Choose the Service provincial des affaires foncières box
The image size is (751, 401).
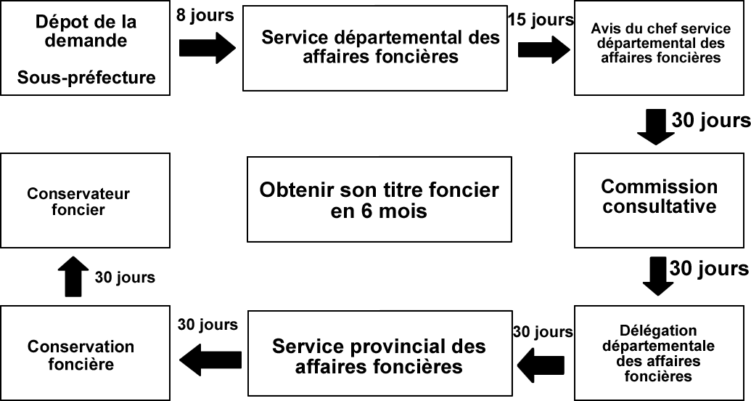click(378, 355)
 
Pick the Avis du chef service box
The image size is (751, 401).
click(660, 48)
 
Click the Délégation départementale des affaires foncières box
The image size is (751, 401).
click(660, 354)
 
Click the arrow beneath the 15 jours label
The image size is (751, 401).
click(544, 49)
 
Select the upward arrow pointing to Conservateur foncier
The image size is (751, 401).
click(71, 277)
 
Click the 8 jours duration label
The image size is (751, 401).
click(205, 15)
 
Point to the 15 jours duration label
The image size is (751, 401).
click(541, 20)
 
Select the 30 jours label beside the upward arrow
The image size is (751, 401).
click(124, 278)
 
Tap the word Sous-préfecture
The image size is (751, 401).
click(87, 77)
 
